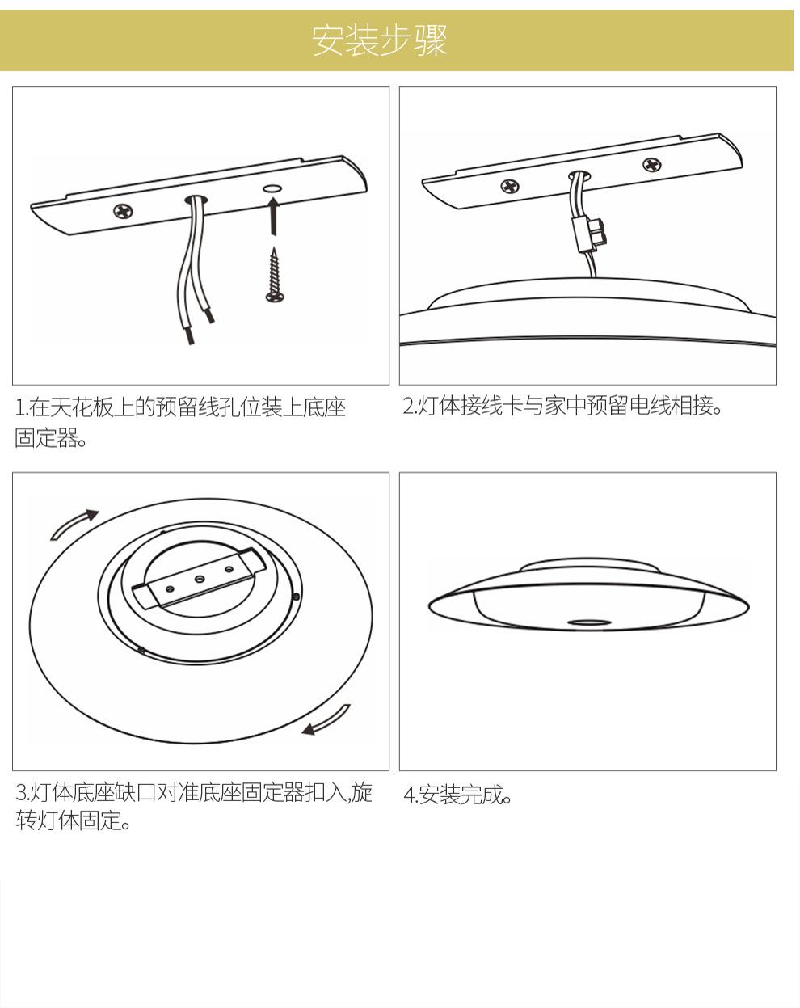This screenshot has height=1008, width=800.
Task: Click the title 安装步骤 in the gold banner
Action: (379, 40)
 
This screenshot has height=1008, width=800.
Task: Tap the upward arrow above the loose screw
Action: (274, 216)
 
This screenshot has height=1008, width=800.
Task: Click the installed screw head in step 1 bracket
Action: (124, 212)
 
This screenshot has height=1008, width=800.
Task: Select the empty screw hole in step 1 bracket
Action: (273, 188)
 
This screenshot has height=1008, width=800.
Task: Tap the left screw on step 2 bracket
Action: (510, 187)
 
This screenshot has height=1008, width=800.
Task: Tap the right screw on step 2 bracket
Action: (651, 165)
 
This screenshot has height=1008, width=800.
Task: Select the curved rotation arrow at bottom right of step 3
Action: (326, 721)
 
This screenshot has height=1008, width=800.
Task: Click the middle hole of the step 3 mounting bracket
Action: (198, 579)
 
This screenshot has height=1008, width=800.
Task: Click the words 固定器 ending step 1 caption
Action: (46, 438)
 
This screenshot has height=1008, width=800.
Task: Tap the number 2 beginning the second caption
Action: (408, 407)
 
